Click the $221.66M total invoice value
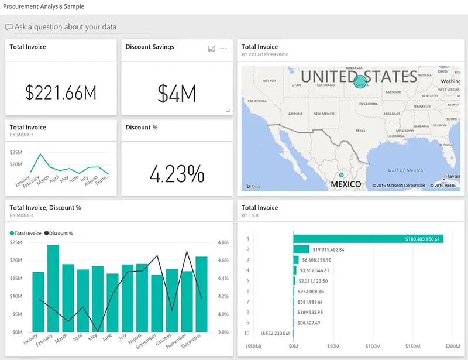pyautogui.click(x=61, y=92)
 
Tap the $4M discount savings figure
pyautogui.click(x=177, y=93)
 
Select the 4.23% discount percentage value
pyautogui.click(x=177, y=173)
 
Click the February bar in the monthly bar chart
pyautogui.click(x=53, y=288)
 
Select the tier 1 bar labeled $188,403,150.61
pyautogui.click(x=369, y=239)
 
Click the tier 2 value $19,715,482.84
pyautogui.click(x=328, y=249)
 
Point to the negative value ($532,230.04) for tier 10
pyautogui.click(x=274, y=334)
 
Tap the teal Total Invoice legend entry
pyautogui.click(x=26, y=233)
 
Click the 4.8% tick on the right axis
pyautogui.click(x=223, y=242)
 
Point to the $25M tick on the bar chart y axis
pyautogui.click(x=16, y=242)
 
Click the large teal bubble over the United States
pyautogui.click(x=360, y=81)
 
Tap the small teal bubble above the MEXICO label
pyautogui.click(x=342, y=174)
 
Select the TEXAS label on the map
pyautogui.click(x=360, y=131)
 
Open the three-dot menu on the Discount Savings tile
pyautogui.click(x=223, y=49)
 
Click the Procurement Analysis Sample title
pyautogui.click(x=44, y=6)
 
